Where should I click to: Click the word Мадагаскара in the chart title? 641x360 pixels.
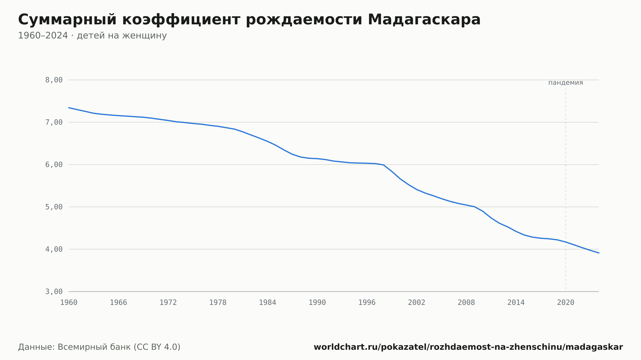pos(424,20)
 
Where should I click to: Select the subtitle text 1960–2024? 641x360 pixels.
pos(43,36)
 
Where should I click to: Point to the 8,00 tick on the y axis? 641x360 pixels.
pos(54,80)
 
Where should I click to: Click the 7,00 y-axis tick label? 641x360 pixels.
pos(54,122)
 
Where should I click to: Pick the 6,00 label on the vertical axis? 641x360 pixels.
pos(54,165)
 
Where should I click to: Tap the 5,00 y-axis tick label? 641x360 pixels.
pos(54,207)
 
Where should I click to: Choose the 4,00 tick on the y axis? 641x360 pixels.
pos(54,249)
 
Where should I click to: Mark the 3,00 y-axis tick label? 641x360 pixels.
pos(54,291)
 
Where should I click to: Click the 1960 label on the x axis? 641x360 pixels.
pos(69,303)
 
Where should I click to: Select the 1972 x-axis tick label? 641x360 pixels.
pos(168,303)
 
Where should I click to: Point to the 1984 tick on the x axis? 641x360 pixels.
pos(268,303)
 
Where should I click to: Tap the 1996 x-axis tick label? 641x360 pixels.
pos(367,303)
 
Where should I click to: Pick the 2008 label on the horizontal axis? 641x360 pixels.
pos(466,303)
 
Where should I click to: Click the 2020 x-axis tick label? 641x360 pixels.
pos(566,303)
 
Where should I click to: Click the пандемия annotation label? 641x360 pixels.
pos(566,83)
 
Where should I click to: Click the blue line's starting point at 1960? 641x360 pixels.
pos(69,108)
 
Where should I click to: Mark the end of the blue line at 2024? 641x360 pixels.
pos(599,253)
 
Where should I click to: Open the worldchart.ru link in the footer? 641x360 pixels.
pos(468,347)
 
